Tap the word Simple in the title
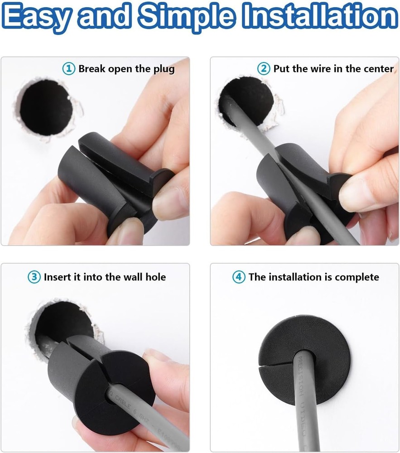(186, 17)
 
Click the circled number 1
(69, 69)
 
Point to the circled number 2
(264, 69)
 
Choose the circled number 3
(34, 277)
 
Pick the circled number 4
(239, 277)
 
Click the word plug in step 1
(164, 69)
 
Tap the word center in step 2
(379, 69)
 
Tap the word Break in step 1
(93, 69)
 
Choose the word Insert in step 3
(58, 277)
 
